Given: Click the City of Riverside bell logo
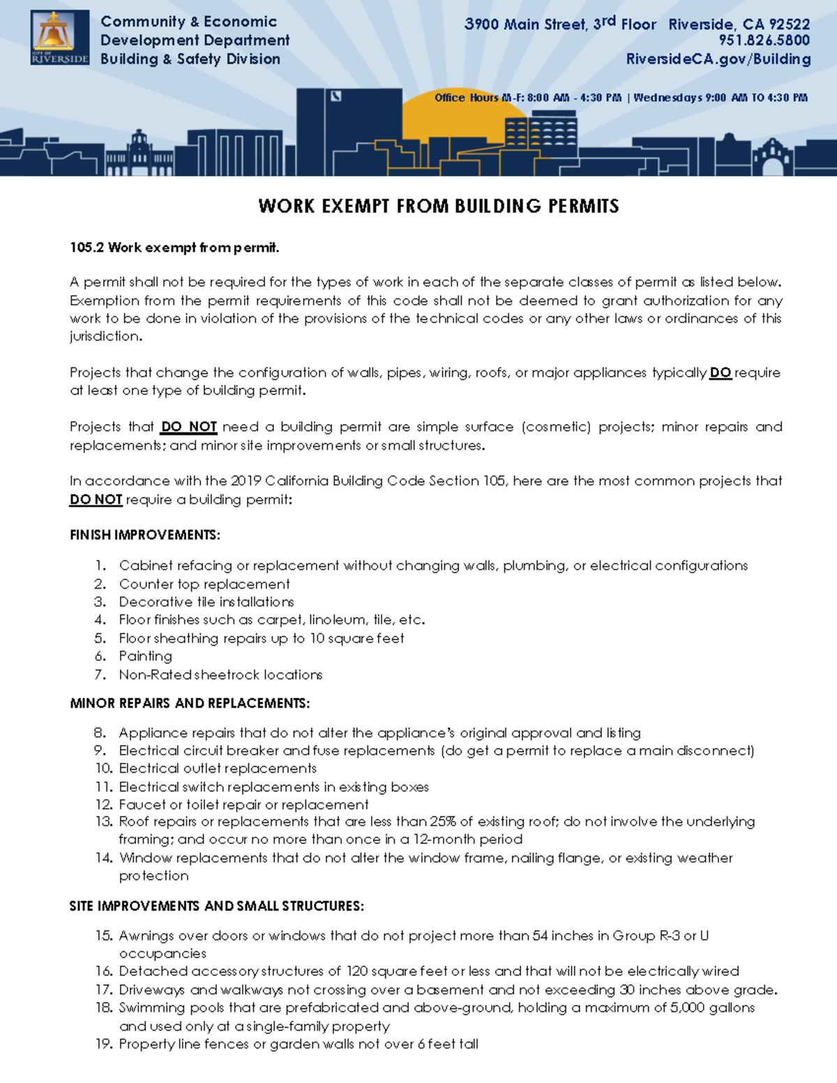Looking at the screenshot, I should (59, 38).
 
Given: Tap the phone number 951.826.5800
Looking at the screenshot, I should (764, 40).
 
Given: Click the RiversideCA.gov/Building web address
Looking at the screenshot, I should (718, 59).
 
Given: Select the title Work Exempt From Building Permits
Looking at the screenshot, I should (438, 206).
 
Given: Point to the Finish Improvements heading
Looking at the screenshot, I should (144, 536).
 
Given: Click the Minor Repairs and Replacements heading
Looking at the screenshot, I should (190, 703).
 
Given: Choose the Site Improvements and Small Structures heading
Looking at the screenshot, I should (216, 906).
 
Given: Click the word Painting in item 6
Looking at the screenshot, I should (145, 656).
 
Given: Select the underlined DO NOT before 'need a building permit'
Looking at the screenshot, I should (188, 427).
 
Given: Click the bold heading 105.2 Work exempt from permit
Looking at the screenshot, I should (174, 248).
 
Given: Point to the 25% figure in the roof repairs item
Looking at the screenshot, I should (443, 821).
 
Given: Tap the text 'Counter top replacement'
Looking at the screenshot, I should (204, 584).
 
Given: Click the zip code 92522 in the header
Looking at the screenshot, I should (789, 24).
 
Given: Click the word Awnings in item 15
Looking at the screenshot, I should (146, 936).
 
